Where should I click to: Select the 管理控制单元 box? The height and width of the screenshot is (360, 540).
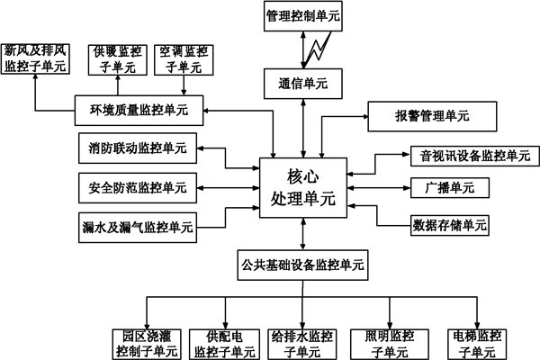302,16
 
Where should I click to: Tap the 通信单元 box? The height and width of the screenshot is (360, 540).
302,84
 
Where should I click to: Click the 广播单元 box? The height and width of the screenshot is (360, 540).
450,188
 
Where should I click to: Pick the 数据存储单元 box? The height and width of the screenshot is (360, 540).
449,223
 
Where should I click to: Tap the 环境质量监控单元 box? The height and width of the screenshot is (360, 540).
139,110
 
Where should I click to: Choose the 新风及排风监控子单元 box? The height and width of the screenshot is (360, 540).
34,58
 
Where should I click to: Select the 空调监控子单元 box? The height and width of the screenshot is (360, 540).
184,58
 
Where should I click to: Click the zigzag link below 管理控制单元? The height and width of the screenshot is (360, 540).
318,48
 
